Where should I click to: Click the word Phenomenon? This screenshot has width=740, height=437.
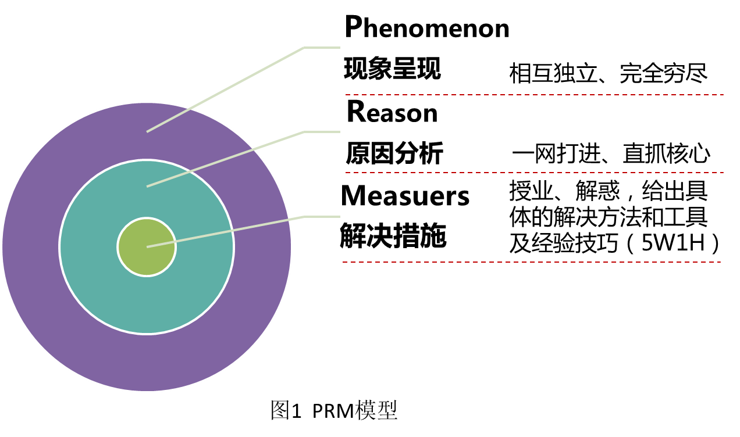[427, 27]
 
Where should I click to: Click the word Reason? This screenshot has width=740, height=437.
[393, 112]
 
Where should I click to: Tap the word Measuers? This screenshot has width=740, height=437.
[405, 195]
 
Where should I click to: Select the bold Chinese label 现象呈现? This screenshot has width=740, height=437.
[393, 69]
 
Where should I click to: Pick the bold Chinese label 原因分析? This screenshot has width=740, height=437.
[394, 153]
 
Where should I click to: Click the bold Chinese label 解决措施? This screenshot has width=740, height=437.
[393, 235]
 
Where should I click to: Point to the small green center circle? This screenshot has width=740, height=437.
[147, 246]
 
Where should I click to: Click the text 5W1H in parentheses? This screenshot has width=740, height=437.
[673, 243]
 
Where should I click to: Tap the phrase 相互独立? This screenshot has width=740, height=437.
[553, 73]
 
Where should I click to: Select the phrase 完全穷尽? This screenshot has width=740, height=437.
[663, 73]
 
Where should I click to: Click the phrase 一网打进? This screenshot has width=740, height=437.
[556, 154]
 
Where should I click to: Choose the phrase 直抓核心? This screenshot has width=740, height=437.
[667, 154]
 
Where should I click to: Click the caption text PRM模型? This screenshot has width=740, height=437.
[355, 410]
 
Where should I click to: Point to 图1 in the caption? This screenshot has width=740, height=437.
[286, 410]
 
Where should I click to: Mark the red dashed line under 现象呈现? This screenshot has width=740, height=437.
[535, 95]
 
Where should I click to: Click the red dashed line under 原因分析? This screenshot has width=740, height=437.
[535, 173]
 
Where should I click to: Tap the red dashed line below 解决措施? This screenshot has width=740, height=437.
[532, 262]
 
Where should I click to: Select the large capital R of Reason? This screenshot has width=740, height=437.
[355, 111]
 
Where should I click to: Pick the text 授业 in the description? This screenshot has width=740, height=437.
[531, 191]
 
